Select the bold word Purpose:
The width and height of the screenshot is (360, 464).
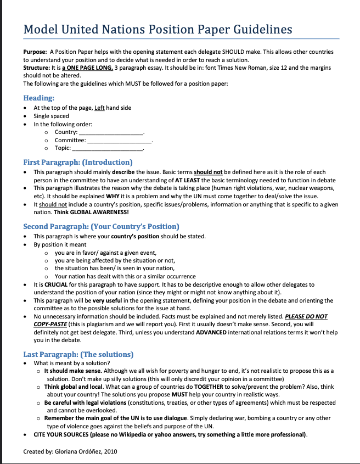click(x=35, y=51)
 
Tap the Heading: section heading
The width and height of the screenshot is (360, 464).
click(x=38, y=98)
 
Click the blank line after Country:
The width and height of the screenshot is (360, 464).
click(x=111, y=132)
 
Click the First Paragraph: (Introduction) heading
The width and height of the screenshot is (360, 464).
click(x=78, y=162)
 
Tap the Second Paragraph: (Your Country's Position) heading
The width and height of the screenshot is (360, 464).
click(x=101, y=226)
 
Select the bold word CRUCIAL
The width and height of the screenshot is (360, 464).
click(x=57, y=284)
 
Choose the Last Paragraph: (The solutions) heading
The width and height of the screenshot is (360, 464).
click(x=78, y=354)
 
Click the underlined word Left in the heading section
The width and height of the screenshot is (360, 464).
click(x=99, y=108)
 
